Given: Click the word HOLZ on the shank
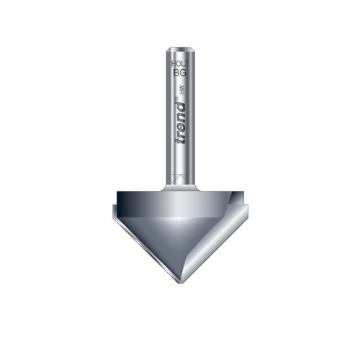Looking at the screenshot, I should [180, 63].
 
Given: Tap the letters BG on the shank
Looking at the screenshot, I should [180, 73].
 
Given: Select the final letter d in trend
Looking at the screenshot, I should [179, 103].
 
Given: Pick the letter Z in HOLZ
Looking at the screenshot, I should [186, 63].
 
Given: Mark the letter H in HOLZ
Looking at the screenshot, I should [174, 63].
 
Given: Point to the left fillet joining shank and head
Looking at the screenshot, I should [165, 185].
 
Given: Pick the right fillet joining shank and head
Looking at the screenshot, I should [195, 185].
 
